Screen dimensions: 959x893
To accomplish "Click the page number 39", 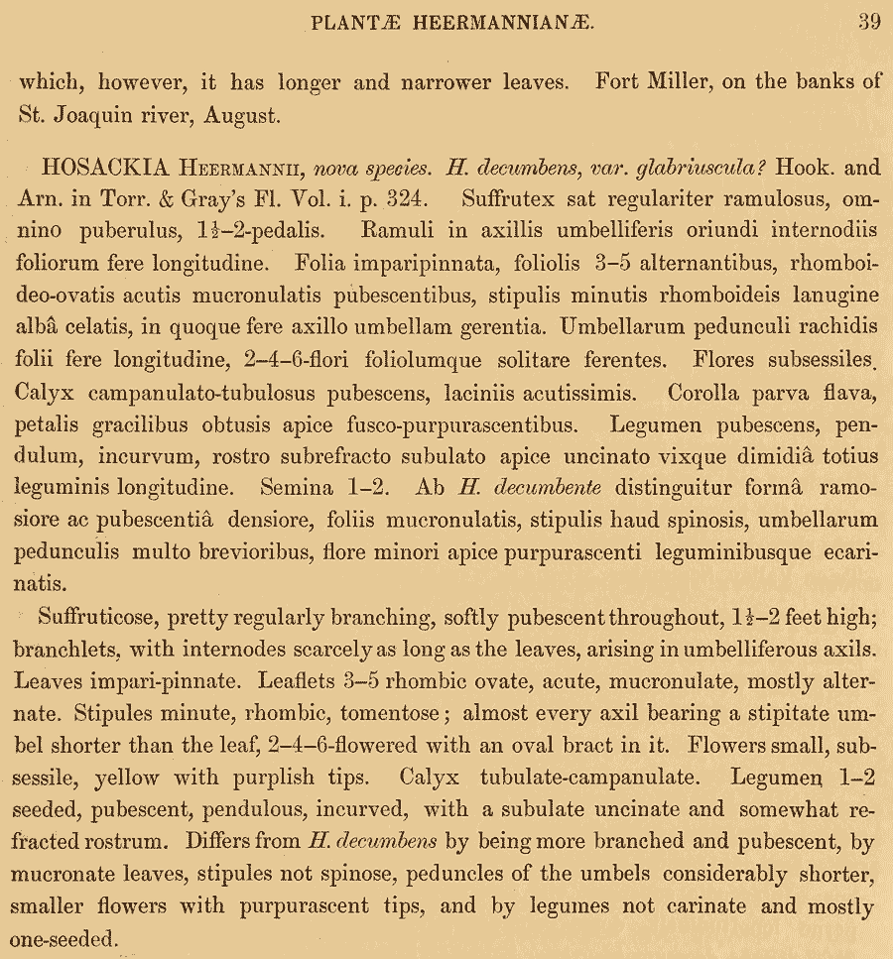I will (868, 22).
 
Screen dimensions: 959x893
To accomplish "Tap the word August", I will (242, 115).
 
